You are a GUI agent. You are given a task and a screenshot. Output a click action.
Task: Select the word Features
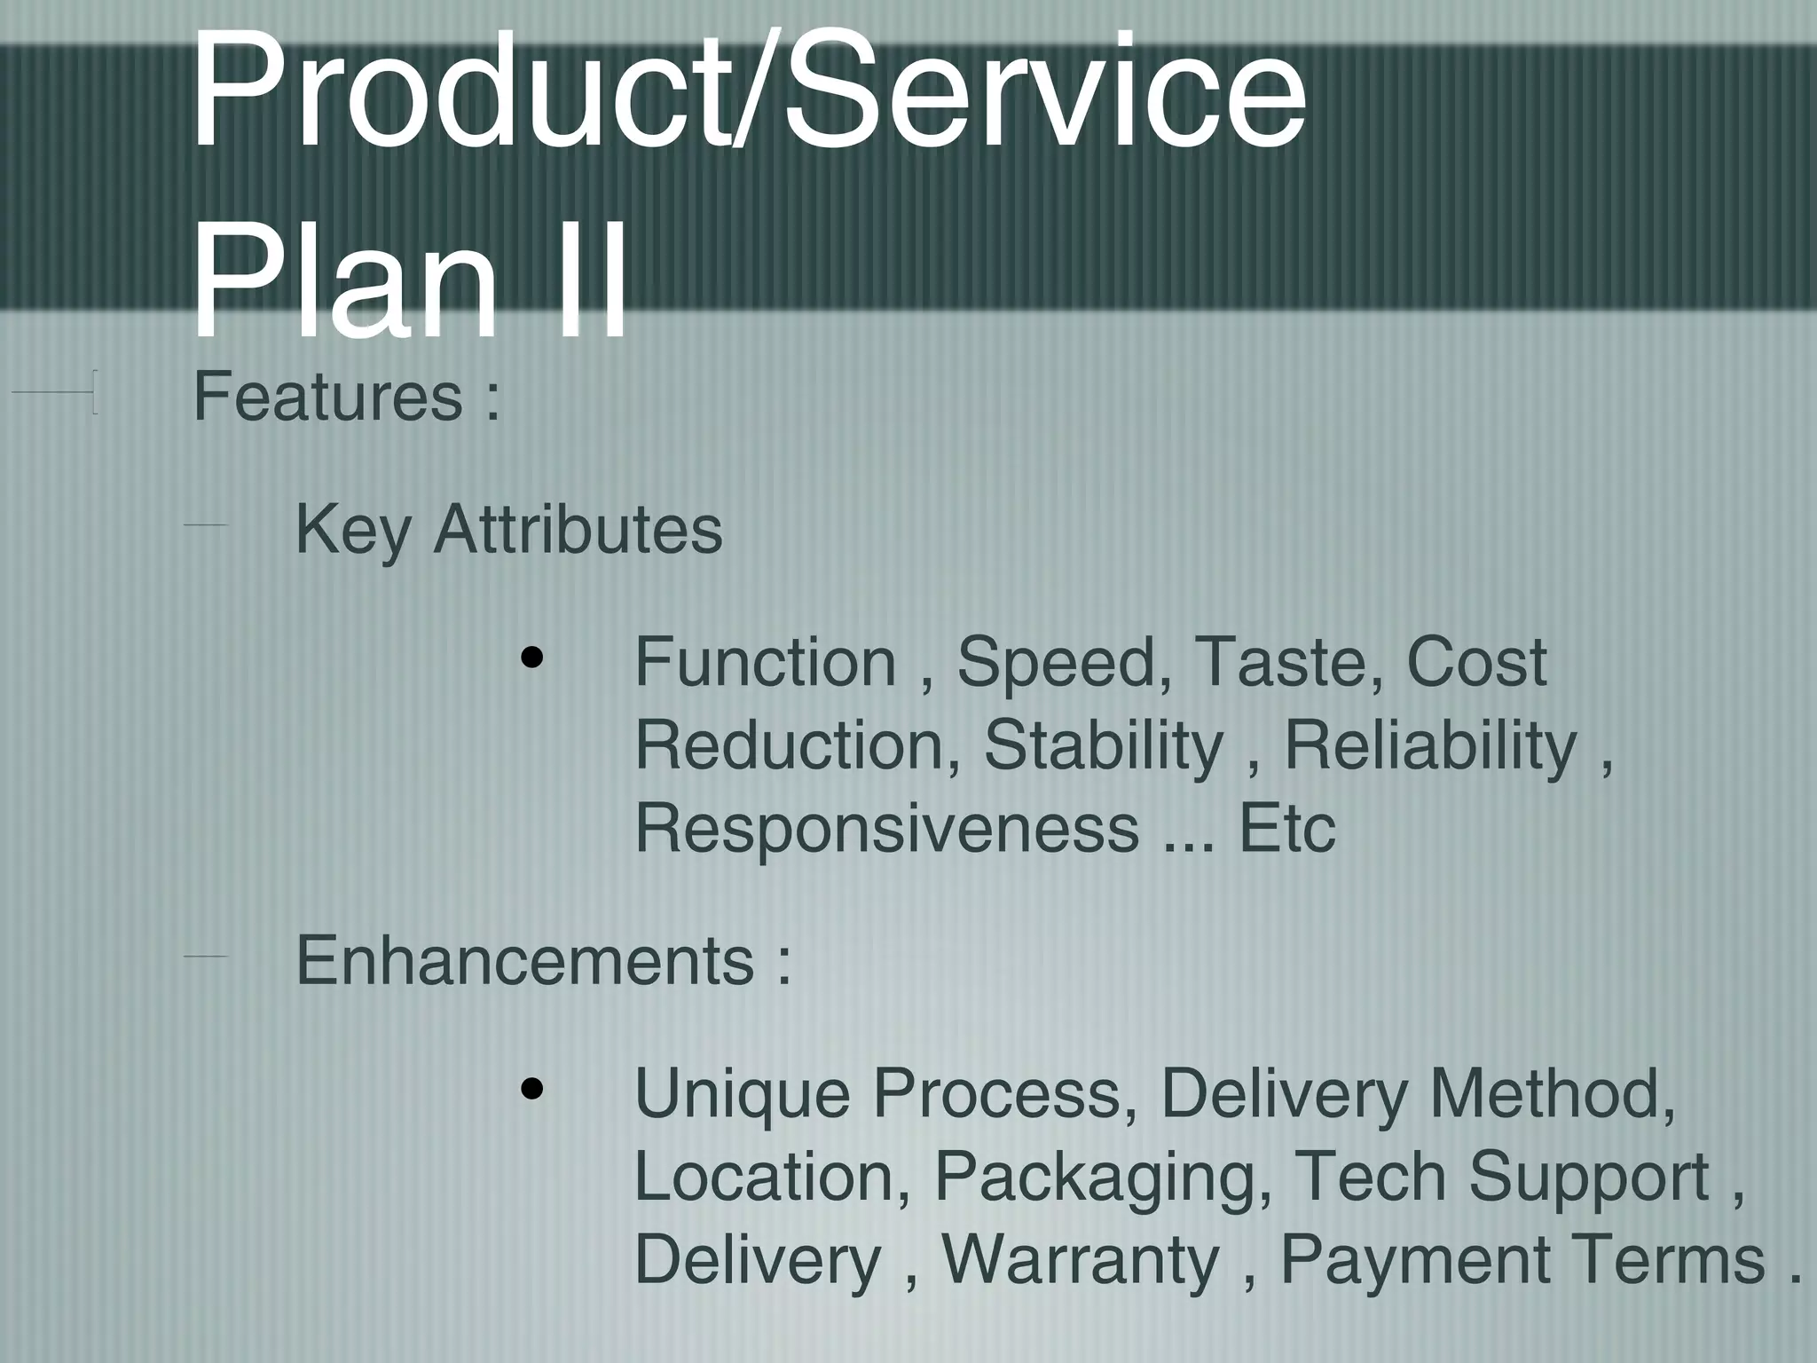coord(327,397)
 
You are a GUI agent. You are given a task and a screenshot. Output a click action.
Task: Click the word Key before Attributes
coord(352,531)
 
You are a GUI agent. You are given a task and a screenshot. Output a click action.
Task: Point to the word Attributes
coord(578,529)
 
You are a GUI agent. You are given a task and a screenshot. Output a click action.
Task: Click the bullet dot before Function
coord(532,658)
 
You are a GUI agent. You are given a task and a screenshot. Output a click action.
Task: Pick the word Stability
coord(1103,745)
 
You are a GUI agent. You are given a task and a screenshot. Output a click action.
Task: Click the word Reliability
coord(1430,745)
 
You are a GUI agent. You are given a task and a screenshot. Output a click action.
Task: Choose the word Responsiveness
coord(886,829)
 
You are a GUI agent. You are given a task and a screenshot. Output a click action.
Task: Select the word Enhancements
coord(524,960)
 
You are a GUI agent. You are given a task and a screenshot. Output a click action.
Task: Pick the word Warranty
coord(1080,1260)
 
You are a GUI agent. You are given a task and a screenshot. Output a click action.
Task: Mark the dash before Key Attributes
coord(206,526)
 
